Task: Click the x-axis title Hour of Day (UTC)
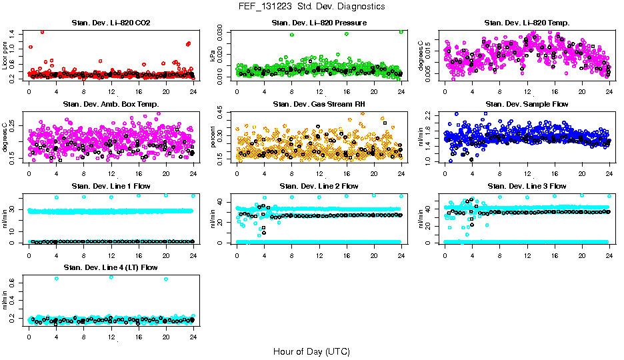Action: (x=311, y=351)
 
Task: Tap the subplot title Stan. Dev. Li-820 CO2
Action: (x=111, y=23)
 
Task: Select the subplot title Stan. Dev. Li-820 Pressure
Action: (x=319, y=23)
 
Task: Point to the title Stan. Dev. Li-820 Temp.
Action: (x=527, y=23)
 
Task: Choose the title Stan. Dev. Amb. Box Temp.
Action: (x=111, y=105)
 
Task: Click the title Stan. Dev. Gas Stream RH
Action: (x=319, y=105)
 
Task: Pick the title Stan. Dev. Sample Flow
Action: (x=527, y=105)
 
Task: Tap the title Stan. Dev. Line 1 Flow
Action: (x=111, y=186)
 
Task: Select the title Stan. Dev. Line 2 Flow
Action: (x=319, y=186)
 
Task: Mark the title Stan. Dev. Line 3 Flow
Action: (x=527, y=186)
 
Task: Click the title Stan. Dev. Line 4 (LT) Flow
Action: (x=111, y=267)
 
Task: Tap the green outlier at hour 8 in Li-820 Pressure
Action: (x=291, y=35)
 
